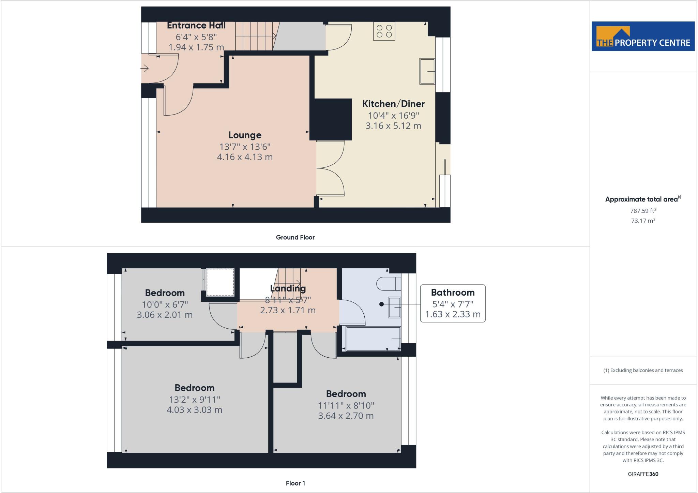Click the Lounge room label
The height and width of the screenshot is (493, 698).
point(245,135)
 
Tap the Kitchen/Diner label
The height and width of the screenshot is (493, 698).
point(393,104)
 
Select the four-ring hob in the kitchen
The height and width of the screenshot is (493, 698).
point(384,31)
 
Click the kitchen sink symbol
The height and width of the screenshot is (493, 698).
point(427,71)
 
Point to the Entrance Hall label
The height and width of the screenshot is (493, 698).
point(196,26)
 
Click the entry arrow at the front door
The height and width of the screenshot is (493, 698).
point(145,69)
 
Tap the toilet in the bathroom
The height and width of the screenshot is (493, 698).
point(388,283)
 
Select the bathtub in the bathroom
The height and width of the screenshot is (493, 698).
point(373,339)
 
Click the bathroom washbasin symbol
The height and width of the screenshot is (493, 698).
point(394,307)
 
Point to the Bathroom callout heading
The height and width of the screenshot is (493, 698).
point(453,293)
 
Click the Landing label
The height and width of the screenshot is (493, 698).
point(288,288)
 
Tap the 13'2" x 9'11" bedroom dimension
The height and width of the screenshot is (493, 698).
point(194,399)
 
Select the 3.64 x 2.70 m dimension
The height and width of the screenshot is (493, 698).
point(346,416)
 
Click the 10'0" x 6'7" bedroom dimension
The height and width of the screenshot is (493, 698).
point(165,304)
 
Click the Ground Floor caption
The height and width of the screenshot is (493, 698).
point(295,237)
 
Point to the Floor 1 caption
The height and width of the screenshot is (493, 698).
point(295,483)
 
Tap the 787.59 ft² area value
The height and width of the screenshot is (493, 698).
point(643,211)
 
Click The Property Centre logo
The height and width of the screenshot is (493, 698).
point(643,36)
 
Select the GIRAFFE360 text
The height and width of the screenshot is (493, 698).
point(643,474)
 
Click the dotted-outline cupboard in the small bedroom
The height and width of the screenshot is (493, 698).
point(220,282)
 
